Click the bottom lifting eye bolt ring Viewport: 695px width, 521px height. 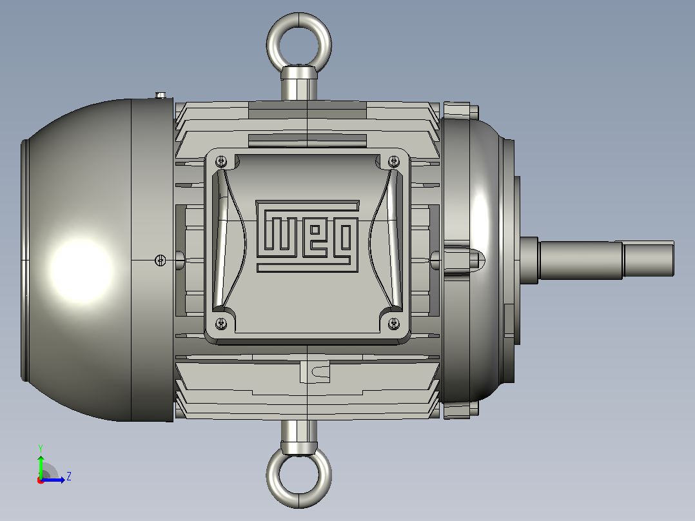tap(299, 504)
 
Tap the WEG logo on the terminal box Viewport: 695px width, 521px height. tap(308, 236)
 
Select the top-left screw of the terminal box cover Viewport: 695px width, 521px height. tap(220, 161)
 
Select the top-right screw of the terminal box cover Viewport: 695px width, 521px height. tap(393, 161)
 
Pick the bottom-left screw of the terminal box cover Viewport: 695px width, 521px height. tap(220, 324)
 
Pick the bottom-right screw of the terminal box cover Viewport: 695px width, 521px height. tap(393, 324)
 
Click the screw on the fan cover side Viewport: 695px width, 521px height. tap(161, 260)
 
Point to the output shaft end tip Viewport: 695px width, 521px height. tap(673, 259)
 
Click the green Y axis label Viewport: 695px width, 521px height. tap(41, 448)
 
